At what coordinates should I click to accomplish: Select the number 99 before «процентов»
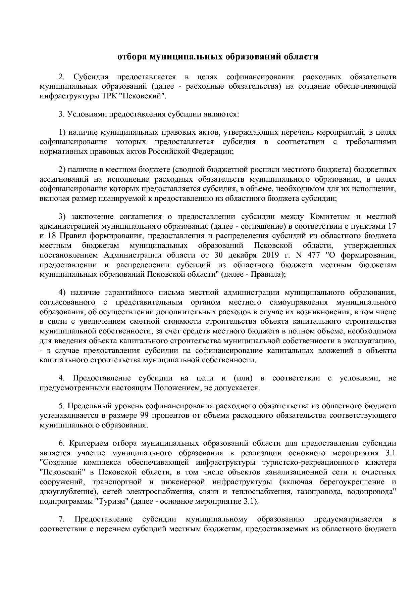click(x=142, y=415)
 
